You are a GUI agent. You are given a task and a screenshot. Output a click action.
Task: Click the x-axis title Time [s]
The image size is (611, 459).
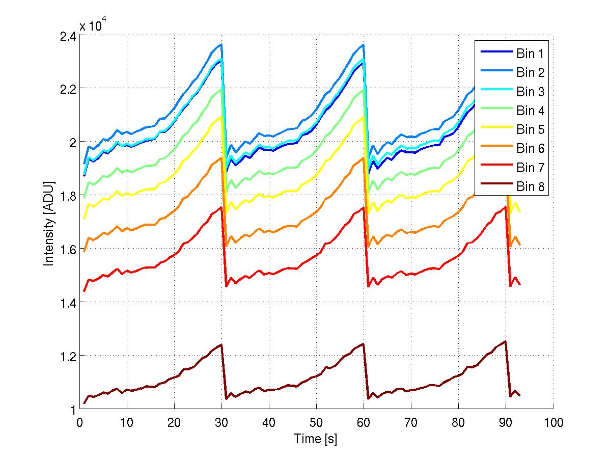pyautogui.click(x=316, y=439)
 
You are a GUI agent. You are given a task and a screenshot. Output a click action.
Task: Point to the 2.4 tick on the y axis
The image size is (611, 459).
pyautogui.click(x=68, y=37)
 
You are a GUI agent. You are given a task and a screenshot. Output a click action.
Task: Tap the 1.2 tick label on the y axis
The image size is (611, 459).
pyautogui.click(x=68, y=356)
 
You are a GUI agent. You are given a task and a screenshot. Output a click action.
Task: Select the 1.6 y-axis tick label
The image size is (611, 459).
pyautogui.click(x=68, y=249)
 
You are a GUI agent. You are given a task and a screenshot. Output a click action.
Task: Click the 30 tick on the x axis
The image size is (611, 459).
pyautogui.click(x=221, y=422)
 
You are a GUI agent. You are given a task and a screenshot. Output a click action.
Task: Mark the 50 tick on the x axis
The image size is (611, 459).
pyautogui.click(x=316, y=422)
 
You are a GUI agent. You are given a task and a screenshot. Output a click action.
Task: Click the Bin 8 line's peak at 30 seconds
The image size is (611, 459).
pyautogui.click(x=221, y=345)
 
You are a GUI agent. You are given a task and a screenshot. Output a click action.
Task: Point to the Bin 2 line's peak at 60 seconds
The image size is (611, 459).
pyautogui.click(x=363, y=44)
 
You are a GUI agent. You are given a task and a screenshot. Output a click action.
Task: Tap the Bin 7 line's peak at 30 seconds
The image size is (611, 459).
pyautogui.click(x=221, y=207)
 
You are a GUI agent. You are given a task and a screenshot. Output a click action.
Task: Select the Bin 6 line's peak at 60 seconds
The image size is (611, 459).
pyautogui.click(x=363, y=157)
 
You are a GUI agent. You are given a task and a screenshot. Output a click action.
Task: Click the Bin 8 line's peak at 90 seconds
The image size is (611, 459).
pyautogui.click(x=505, y=341)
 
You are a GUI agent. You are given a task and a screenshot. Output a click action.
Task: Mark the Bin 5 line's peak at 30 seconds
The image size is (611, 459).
pyautogui.click(x=221, y=117)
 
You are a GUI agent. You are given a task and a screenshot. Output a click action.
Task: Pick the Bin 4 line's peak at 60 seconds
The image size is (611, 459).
pyautogui.click(x=363, y=90)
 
